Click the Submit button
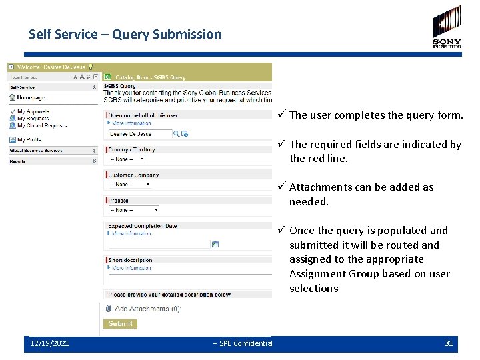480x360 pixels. tap(120, 323)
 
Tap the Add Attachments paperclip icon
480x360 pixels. tap(107, 308)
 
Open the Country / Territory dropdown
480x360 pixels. tap(127, 159)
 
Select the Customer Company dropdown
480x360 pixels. tap(130, 185)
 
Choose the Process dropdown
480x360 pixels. tap(133, 210)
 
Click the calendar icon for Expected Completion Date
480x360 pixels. tap(215, 245)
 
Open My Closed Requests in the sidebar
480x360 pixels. tap(41, 125)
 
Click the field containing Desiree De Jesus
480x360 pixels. tap(139, 134)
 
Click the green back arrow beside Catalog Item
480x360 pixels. tap(107, 77)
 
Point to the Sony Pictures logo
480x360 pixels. tap(446, 27)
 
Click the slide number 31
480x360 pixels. tap(449, 343)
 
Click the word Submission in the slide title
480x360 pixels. tap(187, 34)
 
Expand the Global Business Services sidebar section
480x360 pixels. tap(94, 151)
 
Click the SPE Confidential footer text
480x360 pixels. tap(243, 343)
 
